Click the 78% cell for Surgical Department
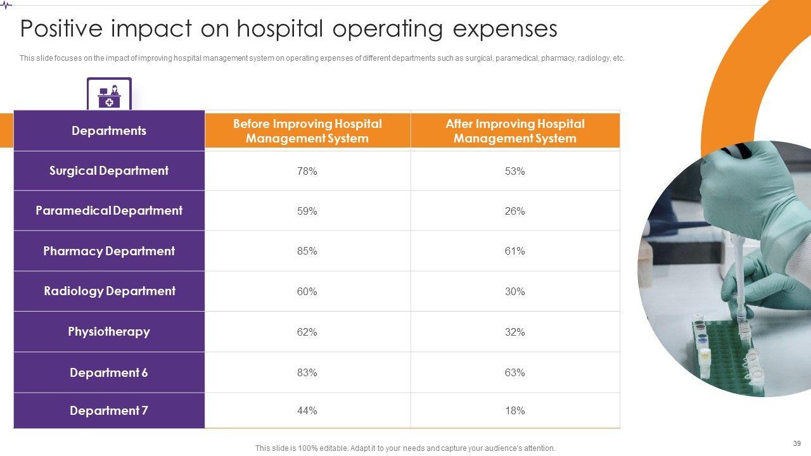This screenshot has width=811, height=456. [307, 171]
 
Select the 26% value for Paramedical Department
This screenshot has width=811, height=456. [514, 211]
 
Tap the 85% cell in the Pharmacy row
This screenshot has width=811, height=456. [307, 251]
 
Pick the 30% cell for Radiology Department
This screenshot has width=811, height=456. [514, 291]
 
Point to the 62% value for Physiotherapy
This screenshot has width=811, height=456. [307, 332]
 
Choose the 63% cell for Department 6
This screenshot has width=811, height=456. [514, 372]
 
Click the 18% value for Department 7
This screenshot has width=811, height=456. [514, 411]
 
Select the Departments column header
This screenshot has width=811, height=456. [109, 131]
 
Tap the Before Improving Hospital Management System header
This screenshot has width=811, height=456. [307, 131]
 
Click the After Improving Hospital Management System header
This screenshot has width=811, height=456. [514, 131]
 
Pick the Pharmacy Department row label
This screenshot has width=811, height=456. [109, 251]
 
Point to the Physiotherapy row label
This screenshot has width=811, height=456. [109, 332]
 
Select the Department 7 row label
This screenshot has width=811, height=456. [109, 411]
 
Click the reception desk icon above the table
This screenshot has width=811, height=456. [109, 95]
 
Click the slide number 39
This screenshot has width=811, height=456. [796, 443]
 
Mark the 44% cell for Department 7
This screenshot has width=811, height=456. [307, 411]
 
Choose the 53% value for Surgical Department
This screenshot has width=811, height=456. [514, 171]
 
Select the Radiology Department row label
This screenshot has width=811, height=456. [109, 291]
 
